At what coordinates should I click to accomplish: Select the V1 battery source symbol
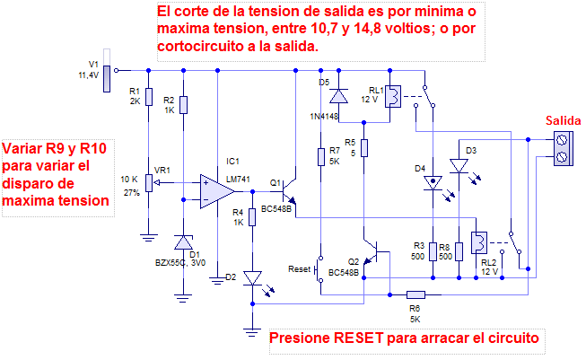point(108,78)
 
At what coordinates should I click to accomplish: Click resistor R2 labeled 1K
point(183,104)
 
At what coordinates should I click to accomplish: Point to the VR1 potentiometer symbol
point(148,183)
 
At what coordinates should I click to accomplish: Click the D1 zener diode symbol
point(183,242)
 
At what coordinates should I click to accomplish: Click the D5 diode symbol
point(338,95)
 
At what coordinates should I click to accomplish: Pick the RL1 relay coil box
point(393,96)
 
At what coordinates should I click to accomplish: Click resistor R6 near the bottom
point(415,294)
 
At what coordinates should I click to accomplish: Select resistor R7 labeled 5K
point(320,157)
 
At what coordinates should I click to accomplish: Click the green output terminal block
point(563,148)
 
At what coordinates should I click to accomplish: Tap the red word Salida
point(563,122)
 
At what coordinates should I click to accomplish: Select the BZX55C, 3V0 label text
point(181,264)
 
